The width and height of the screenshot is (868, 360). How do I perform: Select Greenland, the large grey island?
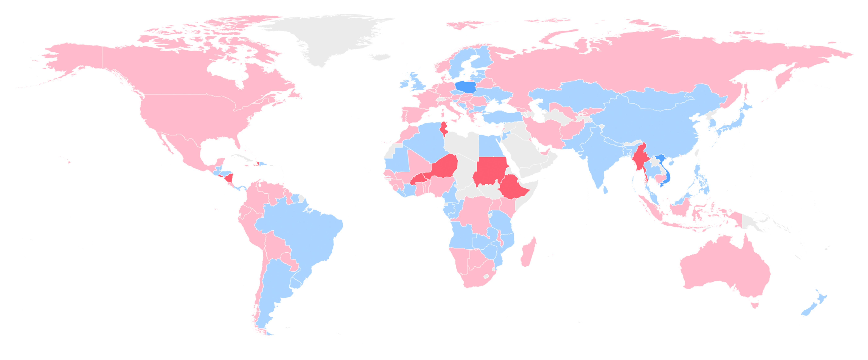click(330, 37)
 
